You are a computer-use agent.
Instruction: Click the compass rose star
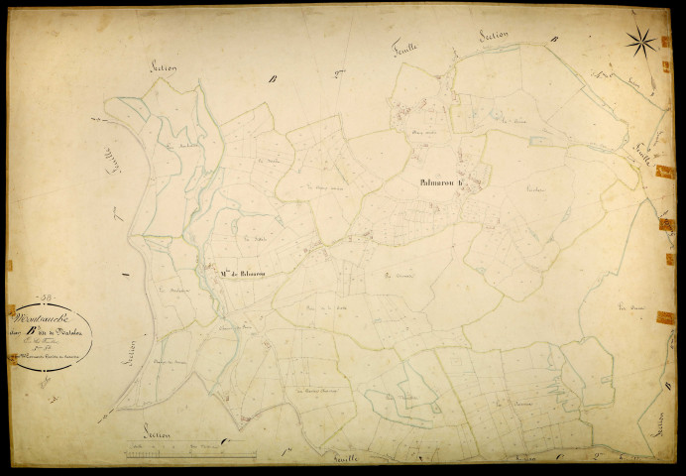641,42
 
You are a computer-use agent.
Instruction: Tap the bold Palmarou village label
436,182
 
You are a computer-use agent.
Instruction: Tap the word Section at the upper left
165,67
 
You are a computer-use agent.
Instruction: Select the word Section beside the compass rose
493,36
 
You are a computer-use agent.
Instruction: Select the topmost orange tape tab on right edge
665,41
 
